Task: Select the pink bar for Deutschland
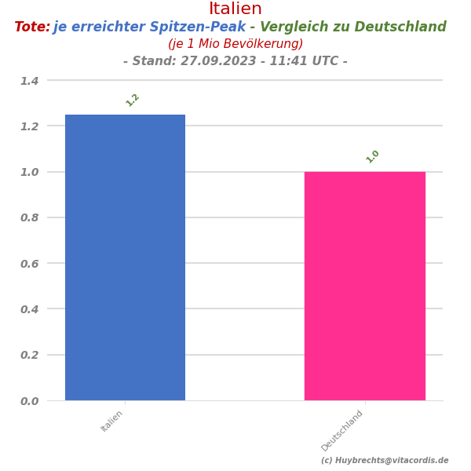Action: tap(364, 286)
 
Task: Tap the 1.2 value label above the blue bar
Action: tap(133, 100)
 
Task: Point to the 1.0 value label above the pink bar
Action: tap(373, 156)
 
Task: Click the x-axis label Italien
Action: tap(112, 421)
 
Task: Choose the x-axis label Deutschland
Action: tap(342, 430)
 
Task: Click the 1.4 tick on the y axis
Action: tap(29, 81)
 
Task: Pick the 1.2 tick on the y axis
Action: tap(29, 126)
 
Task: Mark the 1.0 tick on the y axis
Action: tap(29, 172)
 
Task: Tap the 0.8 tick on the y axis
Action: tap(29, 217)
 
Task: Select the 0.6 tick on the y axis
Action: tap(29, 264)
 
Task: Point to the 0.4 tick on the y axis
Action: tap(29, 309)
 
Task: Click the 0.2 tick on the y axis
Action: tap(29, 355)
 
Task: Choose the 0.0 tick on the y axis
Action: tap(29, 401)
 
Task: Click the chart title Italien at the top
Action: tap(235, 9)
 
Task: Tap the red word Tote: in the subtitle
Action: tap(32, 27)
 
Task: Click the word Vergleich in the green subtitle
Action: tap(295, 27)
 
